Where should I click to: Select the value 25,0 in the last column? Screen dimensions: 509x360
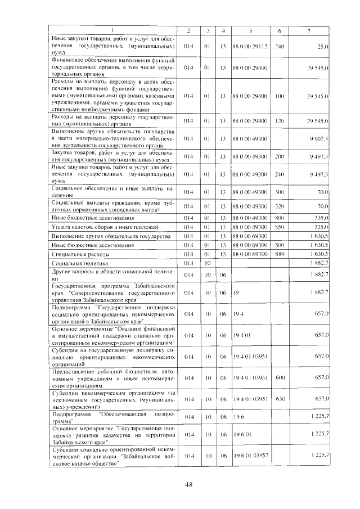[322, 46]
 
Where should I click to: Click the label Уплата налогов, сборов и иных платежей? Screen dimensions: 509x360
[105, 227]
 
